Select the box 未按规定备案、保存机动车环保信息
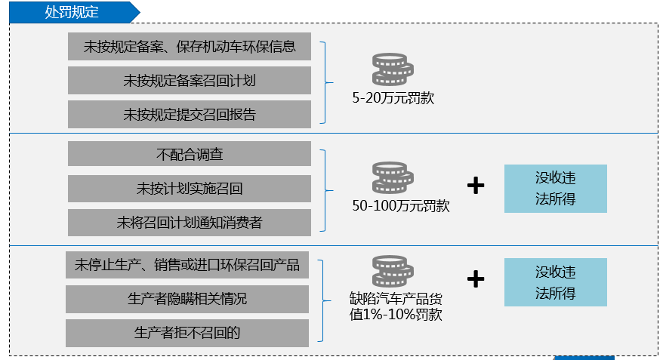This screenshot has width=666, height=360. click(x=190, y=46)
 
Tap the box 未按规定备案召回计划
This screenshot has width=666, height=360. click(x=190, y=80)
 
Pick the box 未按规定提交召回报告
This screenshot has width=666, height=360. click(x=190, y=114)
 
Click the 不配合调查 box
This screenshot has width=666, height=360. click(x=190, y=154)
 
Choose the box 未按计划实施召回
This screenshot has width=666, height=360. click(x=190, y=189)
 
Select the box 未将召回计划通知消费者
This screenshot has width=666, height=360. click(x=190, y=223)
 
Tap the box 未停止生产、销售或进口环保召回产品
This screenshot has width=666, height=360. click(x=187, y=265)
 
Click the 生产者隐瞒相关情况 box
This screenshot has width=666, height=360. click(x=187, y=299)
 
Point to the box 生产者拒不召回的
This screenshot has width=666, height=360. click(x=187, y=333)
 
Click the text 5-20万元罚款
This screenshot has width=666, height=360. click(x=393, y=98)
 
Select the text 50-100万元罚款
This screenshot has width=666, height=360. click(x=401, y=206)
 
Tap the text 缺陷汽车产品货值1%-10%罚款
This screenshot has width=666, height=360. click(x=396, y=306)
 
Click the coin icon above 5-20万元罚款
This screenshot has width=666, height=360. click(x=393, y=69)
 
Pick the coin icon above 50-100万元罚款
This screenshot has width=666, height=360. click(x=393, y=178)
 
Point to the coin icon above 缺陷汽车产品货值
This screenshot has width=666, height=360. click(x=393, y=271)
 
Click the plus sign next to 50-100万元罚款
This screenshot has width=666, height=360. click(x=476, y=186)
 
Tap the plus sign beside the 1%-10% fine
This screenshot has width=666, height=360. click(x=476, y=279)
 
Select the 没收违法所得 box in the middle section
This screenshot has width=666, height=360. click(x=556, y=189)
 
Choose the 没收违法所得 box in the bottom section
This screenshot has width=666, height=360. click(x=556, y=282)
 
